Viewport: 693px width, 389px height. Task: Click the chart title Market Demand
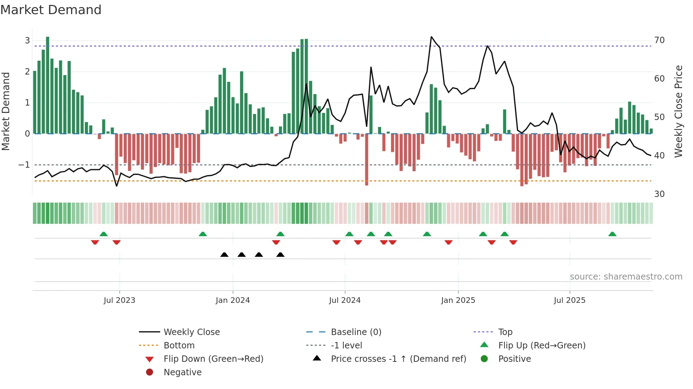pos(51,10)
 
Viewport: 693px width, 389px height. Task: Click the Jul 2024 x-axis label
pos(345,300)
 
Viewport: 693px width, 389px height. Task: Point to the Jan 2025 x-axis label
pos(458,300)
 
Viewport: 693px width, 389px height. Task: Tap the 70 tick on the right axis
pos(659,40)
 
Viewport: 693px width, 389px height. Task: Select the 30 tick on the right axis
pos(659,194)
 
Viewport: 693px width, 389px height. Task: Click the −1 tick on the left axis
pos(24,165)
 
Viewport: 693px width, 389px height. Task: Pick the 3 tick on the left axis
pos(27,41)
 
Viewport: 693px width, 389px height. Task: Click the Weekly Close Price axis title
pos(679,111)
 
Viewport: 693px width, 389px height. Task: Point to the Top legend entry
pos(505,332)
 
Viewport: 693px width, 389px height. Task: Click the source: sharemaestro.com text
pos(626,277)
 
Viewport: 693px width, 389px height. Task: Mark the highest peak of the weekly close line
pos(431,37)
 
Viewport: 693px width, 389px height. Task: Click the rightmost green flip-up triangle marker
pos(612,234)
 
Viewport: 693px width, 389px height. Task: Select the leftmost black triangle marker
pos(224,255)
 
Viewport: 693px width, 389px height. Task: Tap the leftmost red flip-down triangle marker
pos(95,242)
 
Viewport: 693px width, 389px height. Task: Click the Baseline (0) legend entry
pos(356,332)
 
